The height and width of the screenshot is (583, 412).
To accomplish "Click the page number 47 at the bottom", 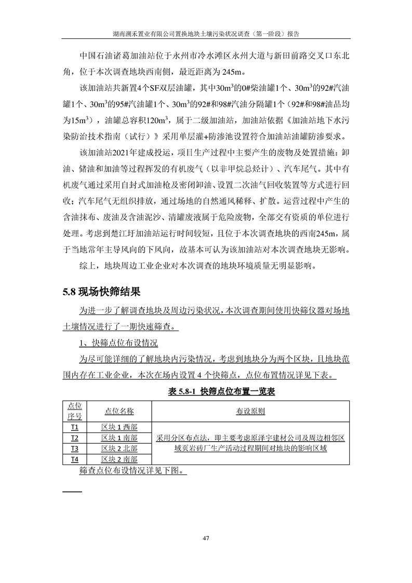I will click(206, 538).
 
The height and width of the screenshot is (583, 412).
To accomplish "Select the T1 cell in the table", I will click(75, 427).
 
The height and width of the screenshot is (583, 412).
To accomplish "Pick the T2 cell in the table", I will click(75, 438).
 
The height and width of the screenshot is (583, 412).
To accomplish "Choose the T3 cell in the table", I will click(75, 448).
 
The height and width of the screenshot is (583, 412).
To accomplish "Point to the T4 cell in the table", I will click(75, 459).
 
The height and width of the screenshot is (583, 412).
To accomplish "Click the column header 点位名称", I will click(119, 411).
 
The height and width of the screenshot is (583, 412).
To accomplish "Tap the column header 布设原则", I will click(251, 411).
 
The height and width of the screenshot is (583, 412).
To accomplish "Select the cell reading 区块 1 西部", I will click(119, 427).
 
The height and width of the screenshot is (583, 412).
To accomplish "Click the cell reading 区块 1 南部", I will click(119, 438).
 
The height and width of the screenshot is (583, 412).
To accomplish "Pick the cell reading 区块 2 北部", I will click(119, 448).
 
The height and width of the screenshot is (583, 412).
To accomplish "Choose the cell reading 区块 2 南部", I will click(119, 459).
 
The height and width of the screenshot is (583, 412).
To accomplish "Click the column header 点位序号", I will click(75, 411).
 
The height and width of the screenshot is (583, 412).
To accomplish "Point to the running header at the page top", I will click(206, 33).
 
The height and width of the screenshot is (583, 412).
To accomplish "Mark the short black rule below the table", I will click(72, 491).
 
